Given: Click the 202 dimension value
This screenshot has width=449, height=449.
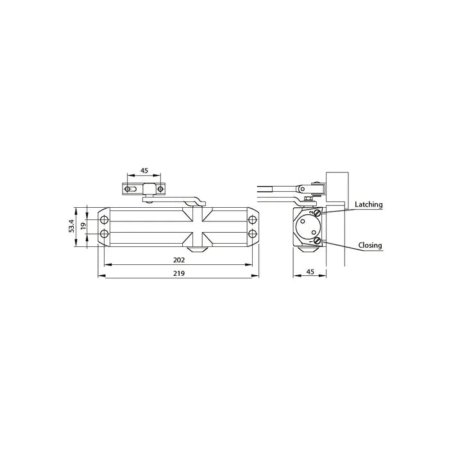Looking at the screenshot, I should pyautogui.click(x=179, y=260).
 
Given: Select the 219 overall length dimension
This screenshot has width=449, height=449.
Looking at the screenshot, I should pyautogui.click(x=179, y=273).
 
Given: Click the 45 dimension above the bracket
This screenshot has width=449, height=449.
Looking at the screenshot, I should pyautogui.click(x=144, y=171).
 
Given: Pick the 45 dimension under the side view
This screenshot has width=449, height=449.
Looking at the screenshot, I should pyautogui.click(x=310, y=273).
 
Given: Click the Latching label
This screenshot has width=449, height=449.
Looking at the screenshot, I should pyautogui.click(x=369, y=205).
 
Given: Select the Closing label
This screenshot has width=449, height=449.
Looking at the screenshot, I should pyautogui.click(x=370, y=245).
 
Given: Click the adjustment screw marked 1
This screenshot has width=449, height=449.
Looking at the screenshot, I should pyautogui.click(x=317, y=241).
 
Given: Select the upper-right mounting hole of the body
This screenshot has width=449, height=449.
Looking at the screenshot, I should pyautogui.click(x=252, y=219).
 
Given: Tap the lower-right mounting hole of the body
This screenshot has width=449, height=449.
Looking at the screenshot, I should pyautogui.click(x=252, y=234).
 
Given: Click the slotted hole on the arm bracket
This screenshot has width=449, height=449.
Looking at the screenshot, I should pyautogui.click(x=131, y=189).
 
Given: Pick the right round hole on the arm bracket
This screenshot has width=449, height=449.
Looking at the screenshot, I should pyautogui.click(x=159, y=189).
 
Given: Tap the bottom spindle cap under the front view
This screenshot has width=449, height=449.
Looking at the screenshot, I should pyautogui.click(x=198, y=248).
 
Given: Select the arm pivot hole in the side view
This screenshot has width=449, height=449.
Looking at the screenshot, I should pyautogui.click(x=301, y=189).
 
